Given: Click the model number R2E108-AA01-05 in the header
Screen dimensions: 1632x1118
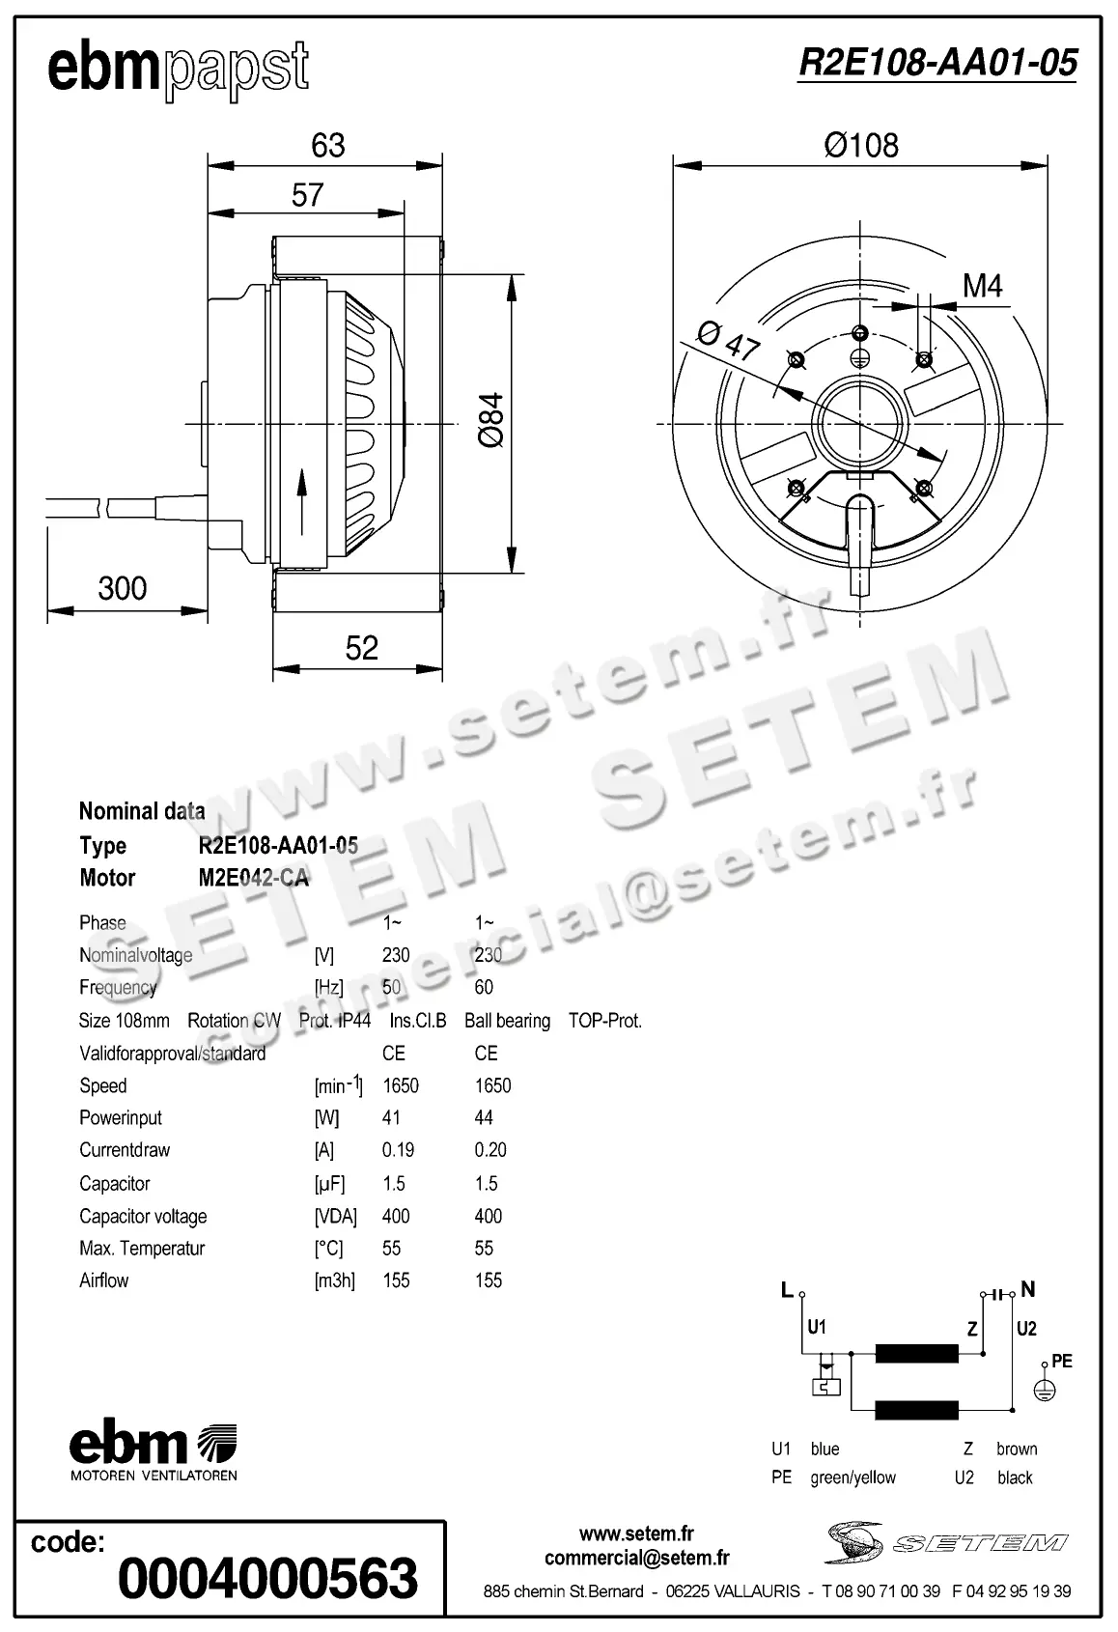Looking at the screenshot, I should click(x=936, y=63).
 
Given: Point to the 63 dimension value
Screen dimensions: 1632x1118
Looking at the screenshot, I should click(x=327, y=145).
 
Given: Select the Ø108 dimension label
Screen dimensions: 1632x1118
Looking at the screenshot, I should click(x=860, y=146).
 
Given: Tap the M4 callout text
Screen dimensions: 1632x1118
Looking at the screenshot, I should click(x=982, y=286).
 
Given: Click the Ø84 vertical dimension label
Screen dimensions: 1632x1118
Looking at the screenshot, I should click(x=490, y=420).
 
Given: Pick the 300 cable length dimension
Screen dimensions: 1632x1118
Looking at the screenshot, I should click(x=123, y=588).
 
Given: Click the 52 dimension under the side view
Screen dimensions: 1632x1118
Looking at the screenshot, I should click(x=361, y=648).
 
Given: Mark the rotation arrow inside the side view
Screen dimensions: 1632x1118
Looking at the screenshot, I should click(x=302, y=500).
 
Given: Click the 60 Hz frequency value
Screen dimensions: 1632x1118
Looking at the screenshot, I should click(x=484, y=987).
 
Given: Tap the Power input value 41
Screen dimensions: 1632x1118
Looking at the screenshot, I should click(x=391, y=1117).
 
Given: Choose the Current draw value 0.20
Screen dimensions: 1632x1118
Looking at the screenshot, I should click(x=490, y=1150).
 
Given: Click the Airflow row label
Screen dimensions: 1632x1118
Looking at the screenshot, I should click(x=103, y=1280).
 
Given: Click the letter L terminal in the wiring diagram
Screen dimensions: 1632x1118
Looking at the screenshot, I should click(x=787, y=1290).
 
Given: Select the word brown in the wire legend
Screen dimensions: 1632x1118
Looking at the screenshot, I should click(x=1016, y=1449).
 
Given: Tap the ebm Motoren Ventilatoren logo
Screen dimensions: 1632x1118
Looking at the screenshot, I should click(x=153, y=1452).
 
